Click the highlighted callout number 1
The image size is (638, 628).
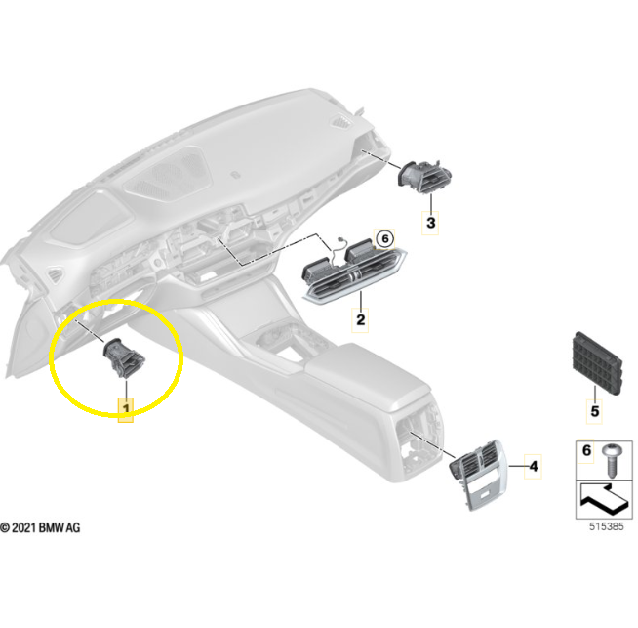tap(126, 408)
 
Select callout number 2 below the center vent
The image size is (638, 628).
tap(361, 319)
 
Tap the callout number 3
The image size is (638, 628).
tap(430, 223)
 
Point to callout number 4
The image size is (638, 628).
tap(534, 466)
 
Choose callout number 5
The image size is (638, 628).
tap(594, 411)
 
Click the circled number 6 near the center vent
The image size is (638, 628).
tap(385, 238)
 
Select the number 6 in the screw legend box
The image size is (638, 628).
tap(586, 450)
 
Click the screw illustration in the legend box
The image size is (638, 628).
tap(612, 460)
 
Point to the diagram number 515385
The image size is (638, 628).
tap(606, 526)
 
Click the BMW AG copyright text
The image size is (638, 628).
tap(40, 527)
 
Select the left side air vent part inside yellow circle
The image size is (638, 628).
tap(123, 358)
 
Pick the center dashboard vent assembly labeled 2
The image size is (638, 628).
tap(353, 272)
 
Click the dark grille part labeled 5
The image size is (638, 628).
tap(598, 363)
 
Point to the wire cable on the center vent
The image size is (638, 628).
tap(337, 253)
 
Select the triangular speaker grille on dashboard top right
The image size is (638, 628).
tap(341, 122)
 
